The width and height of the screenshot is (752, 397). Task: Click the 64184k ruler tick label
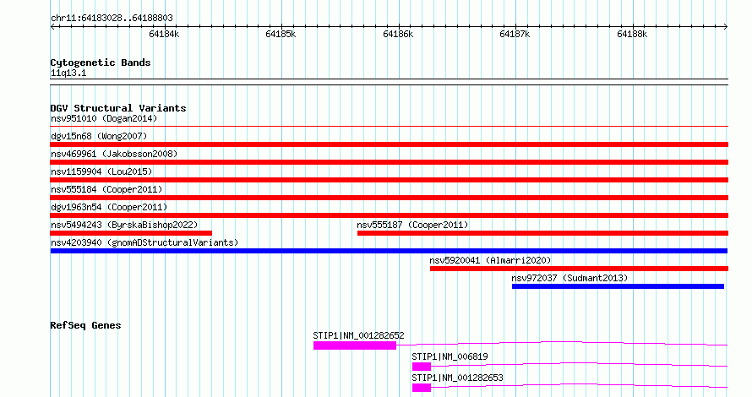coord(164,34)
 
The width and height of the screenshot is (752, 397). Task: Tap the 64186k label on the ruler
coord(398,34)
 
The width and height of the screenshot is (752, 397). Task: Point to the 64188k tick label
coord(632,34)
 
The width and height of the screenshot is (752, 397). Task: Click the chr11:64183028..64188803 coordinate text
coord(112,19)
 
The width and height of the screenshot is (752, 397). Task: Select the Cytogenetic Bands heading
coord(101,63)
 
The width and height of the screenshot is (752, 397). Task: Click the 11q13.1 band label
coord(68,73)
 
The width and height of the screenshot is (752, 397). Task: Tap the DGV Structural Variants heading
coord(118,108)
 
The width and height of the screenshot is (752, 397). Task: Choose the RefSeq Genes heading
coord(85,325)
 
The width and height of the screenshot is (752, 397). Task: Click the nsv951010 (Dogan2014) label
coord(104,118)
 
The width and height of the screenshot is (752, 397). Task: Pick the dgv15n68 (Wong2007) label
coord(99,136)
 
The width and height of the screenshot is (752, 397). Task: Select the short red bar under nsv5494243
coord(131,233)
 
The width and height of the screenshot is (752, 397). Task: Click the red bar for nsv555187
coord(543,233)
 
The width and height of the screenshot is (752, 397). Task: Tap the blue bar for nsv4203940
coord(389,251)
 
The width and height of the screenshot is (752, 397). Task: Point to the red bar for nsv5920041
coord(580,269)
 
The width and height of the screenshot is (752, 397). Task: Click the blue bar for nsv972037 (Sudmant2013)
coord(618,286)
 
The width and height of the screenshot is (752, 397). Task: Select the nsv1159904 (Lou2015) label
coord(101,171)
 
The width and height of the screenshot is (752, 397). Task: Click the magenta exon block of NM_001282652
coord(355,345)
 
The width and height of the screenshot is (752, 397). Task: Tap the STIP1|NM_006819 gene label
coord(450,356)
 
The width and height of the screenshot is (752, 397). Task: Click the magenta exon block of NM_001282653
coord(422,388)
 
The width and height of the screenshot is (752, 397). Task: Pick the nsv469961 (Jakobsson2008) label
coord(114,154)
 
